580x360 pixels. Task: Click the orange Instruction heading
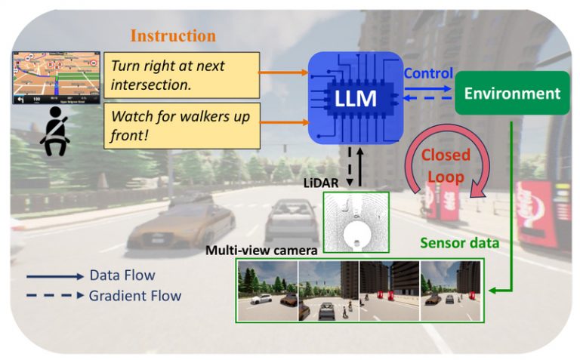tap(173, 35)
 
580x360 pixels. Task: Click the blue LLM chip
tap(355, 98)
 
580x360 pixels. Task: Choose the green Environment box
tap(512, 94)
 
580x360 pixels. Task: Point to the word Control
tap(428, 74)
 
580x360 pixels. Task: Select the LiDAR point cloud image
tap(356, 222)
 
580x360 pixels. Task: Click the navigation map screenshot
tap(57, 78)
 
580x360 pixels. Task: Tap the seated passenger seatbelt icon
tap(56, 131)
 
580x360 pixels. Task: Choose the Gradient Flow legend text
tap(135, 296)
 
